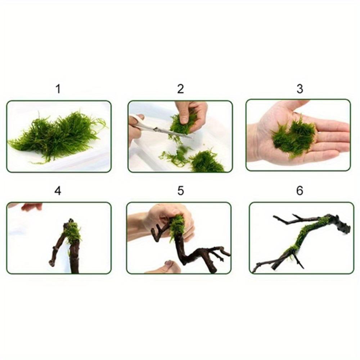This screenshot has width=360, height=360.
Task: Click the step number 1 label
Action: tap(58, 89)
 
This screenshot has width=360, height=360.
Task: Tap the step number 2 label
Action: tap(180, 89)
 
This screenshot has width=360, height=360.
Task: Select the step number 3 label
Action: tap(300, 89)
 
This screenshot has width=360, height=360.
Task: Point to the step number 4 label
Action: tap(58, 190)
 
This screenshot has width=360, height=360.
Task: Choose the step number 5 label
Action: tap(181, 190)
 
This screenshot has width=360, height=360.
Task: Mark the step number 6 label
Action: tap(300, 190)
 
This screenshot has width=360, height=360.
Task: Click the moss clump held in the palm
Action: tap(294, 135)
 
